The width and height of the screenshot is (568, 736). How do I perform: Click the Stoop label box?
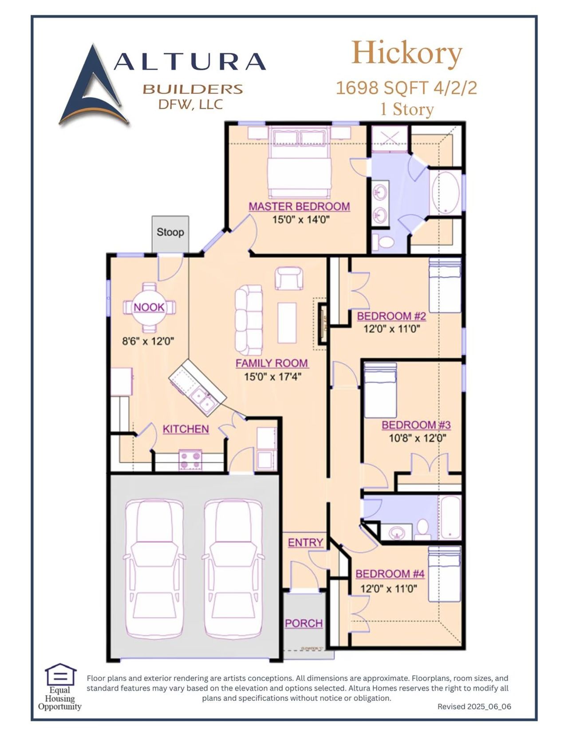[x=170, y=233]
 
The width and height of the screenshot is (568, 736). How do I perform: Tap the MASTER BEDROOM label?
[x=299, y=207]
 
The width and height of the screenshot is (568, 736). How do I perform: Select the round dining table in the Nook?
[x=149, y=308]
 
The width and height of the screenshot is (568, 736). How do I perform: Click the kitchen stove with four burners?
[x=190, y=460]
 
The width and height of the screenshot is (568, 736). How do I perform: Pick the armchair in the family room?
[x=289, y=279]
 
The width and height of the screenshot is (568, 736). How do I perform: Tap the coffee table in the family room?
[x=287, y=323]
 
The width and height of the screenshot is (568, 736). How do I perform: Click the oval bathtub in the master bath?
[x=446, y=193]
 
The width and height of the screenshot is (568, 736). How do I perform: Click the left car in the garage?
[x=154, y=569]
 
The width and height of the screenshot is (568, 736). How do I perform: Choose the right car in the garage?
[x=233, y=569]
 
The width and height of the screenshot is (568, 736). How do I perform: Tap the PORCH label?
[x=304, y=624]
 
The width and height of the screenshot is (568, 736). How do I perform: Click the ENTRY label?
[x=305, y=543]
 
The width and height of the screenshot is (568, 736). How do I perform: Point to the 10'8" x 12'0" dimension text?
[x=417, y=439]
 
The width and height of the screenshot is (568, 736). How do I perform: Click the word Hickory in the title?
[x=406, y=53]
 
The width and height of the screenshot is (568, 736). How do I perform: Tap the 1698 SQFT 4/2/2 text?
[x=406, y=88]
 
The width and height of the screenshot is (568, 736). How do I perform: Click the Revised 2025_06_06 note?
[x=474, y=707]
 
